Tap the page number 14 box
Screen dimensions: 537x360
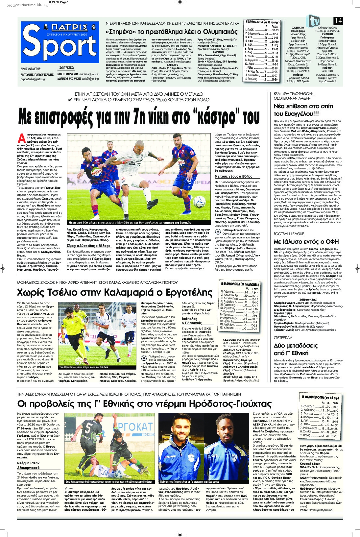coord(338,20)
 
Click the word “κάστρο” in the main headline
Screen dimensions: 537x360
coord(221,117)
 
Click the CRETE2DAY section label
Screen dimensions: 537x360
coord(282,338)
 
